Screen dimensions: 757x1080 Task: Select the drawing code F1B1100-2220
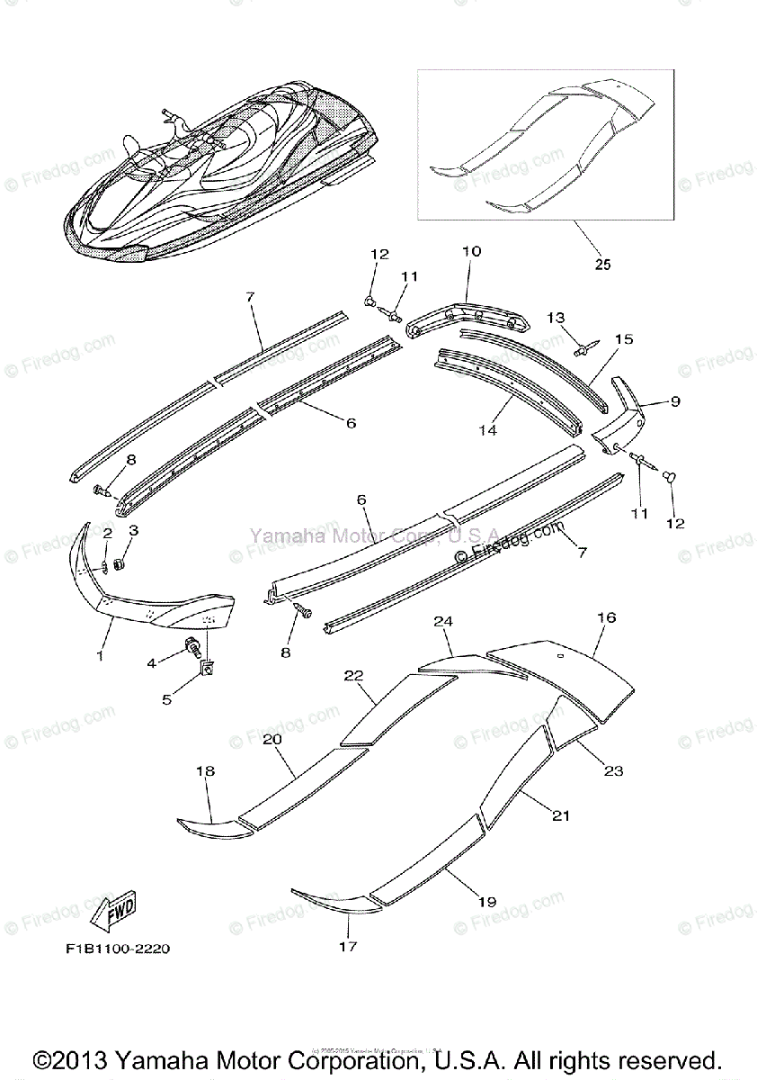tap(118, 949)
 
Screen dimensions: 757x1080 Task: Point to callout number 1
tap(100, 655)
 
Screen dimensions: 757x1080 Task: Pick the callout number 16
tap(607, 617)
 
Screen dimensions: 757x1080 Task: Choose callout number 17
tap(348, 946)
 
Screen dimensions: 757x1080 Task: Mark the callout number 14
tap(486, 430)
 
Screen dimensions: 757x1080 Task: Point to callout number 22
tap(352, 675)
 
